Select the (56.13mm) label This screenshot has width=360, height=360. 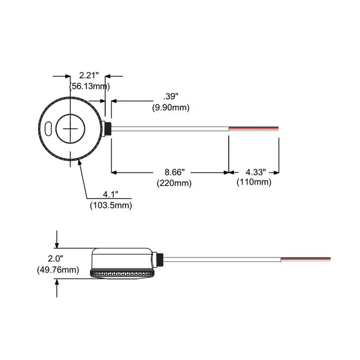coord(88,86)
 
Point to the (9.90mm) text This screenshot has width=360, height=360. coord(170,107)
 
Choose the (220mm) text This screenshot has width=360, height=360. coord(174,183)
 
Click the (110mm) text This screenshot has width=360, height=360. coord(254,182)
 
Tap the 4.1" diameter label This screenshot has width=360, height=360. coord(110,195)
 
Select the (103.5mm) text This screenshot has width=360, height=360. coord(110,205)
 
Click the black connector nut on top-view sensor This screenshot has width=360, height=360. coord(109,128)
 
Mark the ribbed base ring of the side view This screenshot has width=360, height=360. coord(122,273)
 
